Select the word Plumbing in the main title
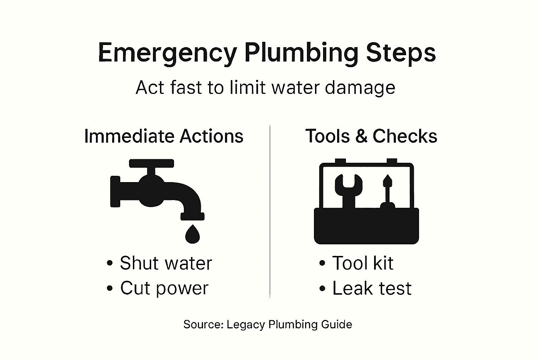[301, 53]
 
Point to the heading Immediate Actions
[164, 136]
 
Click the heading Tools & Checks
[371, 136]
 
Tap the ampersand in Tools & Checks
[361, 136]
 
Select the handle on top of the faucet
[152, 163]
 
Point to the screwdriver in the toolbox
[387, 192]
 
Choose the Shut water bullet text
[166, 263]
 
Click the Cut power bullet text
[164, 288]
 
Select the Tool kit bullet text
[362, 263]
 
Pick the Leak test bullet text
[372, 288]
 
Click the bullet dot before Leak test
[322, 289]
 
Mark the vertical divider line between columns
[270, 211]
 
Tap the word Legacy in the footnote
[246, 324]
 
